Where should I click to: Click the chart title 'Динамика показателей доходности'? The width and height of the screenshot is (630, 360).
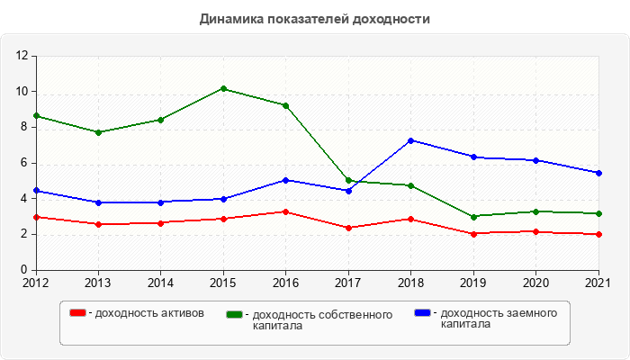point(315,19)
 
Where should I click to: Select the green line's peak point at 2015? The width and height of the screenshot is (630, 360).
point(223,89)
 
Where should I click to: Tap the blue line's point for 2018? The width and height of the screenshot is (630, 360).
point(411,140)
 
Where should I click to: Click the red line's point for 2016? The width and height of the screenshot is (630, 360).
point(286,212)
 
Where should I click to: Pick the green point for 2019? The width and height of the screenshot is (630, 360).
point(474,216)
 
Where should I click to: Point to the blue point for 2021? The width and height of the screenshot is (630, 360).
point(599,173)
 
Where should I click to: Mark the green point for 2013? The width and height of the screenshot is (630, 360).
point(98,132)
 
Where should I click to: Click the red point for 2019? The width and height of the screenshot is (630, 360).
point(474,234)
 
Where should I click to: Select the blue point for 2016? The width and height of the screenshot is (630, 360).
point(286,180)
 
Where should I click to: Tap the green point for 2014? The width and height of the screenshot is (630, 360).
point(161,120)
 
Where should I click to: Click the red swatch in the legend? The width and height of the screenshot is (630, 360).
point(78,313)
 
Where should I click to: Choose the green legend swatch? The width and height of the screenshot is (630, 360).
point(235,314)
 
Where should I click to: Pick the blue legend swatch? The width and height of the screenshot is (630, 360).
point(422,313)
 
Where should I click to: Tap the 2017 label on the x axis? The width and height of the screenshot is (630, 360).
point(348,283)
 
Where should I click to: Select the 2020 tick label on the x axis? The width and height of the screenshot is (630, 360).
point(536,283)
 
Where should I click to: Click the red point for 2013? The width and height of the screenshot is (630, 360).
point(98,224)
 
